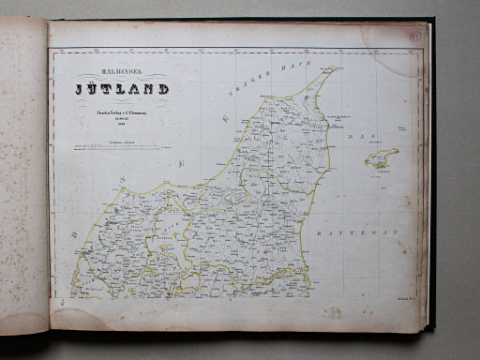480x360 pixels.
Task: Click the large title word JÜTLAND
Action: coord(122,90)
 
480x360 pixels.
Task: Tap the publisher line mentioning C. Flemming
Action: coord(122,114)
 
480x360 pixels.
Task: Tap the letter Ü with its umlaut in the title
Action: coord(96,89)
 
